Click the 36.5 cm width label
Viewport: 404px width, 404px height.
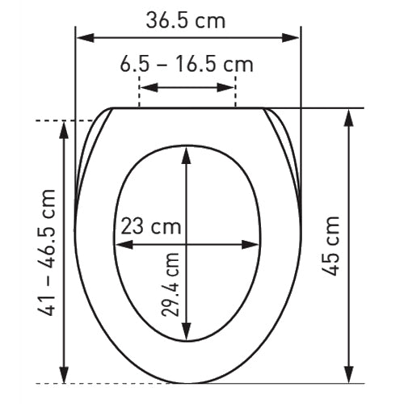point(186,21)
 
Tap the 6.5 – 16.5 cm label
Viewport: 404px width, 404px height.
point(187,65)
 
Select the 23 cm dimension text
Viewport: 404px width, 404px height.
point(151,226)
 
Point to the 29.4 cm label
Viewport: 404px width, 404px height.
point(170,284)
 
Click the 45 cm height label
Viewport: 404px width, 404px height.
point(331,246)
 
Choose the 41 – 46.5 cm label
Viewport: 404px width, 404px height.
point(46,253)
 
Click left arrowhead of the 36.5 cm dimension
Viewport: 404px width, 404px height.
point(86,38)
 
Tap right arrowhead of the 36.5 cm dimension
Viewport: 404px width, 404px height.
point(290,38)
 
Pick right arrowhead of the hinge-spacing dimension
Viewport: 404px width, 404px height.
point(225,87)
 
